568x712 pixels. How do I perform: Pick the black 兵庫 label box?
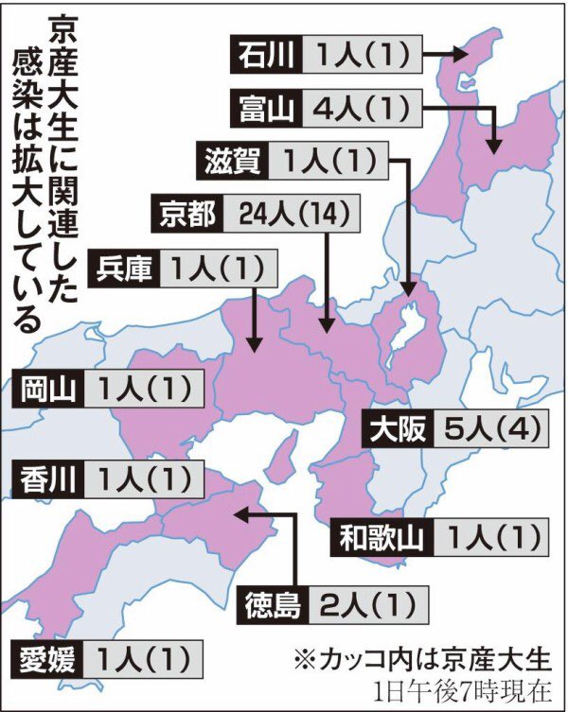124,269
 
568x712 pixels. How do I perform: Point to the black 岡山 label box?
47,389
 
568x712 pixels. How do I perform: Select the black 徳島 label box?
274,601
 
